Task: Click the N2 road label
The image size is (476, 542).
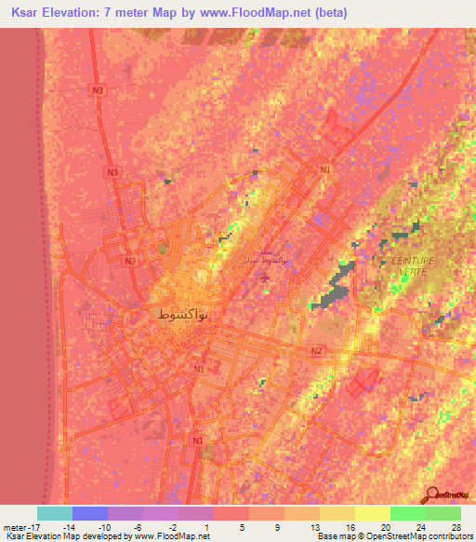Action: point(316,350)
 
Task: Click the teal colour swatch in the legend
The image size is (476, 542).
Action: point(54,513)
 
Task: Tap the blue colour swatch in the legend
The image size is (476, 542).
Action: point(89,513)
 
